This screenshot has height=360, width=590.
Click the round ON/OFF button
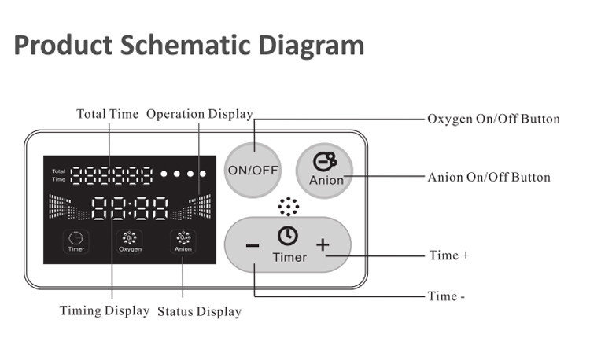[x=253, y=170]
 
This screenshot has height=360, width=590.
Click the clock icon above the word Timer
[x=286, y=236]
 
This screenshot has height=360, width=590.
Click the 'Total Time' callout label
[x=107, y=114]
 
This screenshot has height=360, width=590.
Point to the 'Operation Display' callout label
[x=200, y=114]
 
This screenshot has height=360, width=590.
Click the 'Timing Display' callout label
[x=105, y=310]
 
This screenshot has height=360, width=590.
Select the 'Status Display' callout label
[x=199, y=311]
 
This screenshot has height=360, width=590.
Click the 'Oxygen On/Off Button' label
[x=493, y=119]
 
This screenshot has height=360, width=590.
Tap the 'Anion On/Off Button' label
[x=489, y=177]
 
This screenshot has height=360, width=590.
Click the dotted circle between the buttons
[x=288, y=207]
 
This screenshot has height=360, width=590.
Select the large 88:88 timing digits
[x=130, y=208]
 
